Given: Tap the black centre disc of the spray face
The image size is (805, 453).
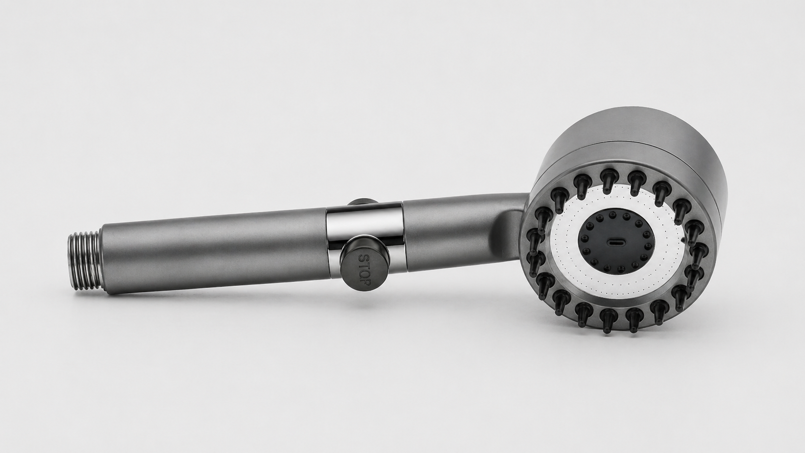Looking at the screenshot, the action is (x=615, y=241).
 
